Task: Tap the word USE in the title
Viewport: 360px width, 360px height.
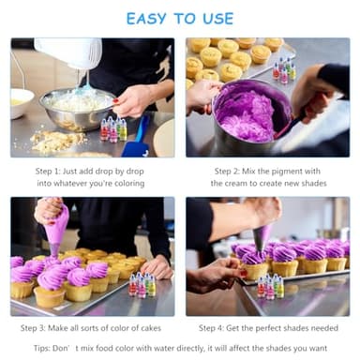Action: pos(228,18)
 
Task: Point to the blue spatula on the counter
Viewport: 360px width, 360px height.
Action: pos(137,141)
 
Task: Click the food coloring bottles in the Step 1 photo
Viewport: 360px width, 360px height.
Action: pos(112,129)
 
